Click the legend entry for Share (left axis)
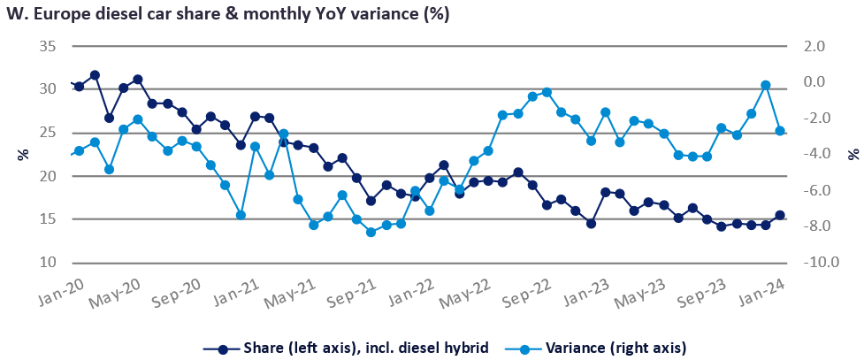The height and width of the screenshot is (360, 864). (345, 348)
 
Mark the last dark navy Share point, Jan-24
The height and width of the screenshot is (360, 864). (780, 215)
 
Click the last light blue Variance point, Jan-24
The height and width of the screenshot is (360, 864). (780, 131)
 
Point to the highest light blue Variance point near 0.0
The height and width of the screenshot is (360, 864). (766, 85)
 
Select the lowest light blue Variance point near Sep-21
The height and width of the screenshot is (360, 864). (371, 233)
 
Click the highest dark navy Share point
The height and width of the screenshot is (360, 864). (95, 75)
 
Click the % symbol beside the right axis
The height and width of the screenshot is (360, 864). (853, 154)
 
